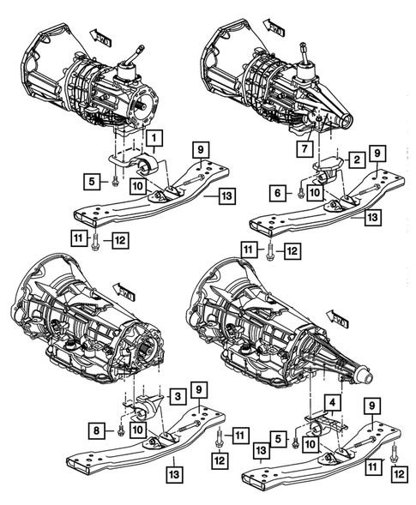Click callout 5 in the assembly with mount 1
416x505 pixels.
pyautogui.click(x=90, y=181)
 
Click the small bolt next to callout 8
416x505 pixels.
pyautogui.click(x=122, y=427)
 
